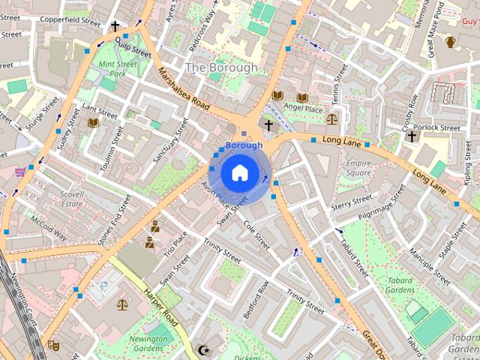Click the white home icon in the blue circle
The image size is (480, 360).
(x=238, y=172)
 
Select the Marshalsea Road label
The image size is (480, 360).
(x=183, y=90)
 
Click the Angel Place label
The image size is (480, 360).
(x=303, y=109)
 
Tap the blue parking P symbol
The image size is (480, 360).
(x=103, y=285)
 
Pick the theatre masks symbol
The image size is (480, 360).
(x=53, y=345)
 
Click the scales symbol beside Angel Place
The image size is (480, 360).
(x=332, y=118)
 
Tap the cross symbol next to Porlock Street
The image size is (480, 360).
(x=411, y=136)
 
